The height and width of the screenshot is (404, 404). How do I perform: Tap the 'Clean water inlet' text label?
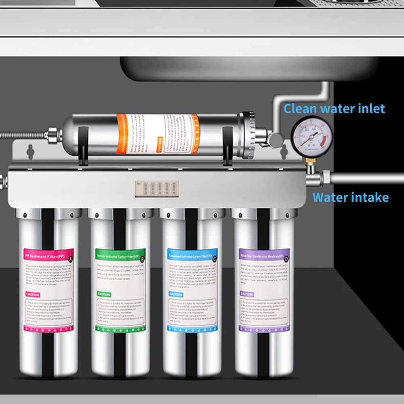tap(334, 109)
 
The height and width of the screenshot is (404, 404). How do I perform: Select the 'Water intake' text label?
tap(350, 198)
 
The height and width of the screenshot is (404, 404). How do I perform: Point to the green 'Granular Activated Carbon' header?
tap(117, 256)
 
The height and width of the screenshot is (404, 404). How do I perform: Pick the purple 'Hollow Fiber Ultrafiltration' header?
tap(262, 255)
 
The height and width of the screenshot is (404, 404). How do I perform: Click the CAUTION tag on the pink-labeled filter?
tap(33, 295)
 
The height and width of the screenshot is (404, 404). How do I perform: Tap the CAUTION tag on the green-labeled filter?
tap(104, 294)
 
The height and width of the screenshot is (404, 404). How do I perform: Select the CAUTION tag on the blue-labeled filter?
tap(176, 294)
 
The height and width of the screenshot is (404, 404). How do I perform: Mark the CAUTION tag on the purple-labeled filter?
tap(247, 294)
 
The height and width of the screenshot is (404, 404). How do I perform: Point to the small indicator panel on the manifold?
tap(157, 189)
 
